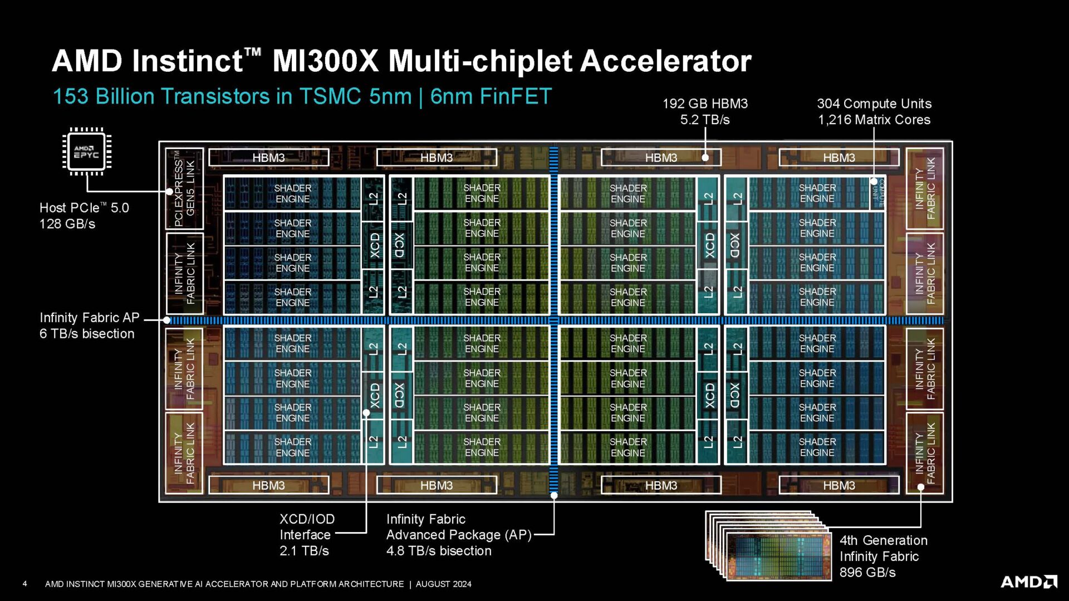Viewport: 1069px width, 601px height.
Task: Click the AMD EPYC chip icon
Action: click(x=86, y=151)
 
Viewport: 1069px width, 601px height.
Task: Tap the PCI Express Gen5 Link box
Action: click(x=184, y=189)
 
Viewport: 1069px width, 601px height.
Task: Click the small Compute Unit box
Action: click(x=877, y=194)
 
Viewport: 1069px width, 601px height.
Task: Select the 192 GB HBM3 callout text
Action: click(x=705, y=104)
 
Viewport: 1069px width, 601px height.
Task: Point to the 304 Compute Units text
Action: click(x=874, y=104)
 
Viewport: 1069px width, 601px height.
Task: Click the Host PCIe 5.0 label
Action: click(x=84, y=208)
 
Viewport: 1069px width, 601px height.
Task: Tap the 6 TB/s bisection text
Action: click(x=87, y=334)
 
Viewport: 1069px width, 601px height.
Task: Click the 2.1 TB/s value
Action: click(x=304, y=551)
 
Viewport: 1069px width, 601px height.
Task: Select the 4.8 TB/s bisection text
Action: click(x=439, y=551)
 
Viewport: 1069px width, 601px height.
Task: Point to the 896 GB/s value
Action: click(x=867, y=573)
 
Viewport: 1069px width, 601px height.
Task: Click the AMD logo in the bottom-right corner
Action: click(x=1028, y=582)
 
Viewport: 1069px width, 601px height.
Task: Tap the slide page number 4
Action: click(x=24, y=584)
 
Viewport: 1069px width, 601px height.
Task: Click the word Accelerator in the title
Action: click(x=665, y=61)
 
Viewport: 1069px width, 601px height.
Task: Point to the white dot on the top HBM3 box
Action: click(x=705, y=157)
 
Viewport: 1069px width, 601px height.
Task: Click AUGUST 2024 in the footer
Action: click(x=443, y=584)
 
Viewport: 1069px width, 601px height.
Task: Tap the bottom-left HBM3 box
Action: click(x=268, y=485)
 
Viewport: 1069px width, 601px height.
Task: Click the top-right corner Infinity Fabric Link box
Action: click(x=924, y=189)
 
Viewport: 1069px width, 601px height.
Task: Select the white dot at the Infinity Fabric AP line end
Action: click(x=166, y=320)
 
